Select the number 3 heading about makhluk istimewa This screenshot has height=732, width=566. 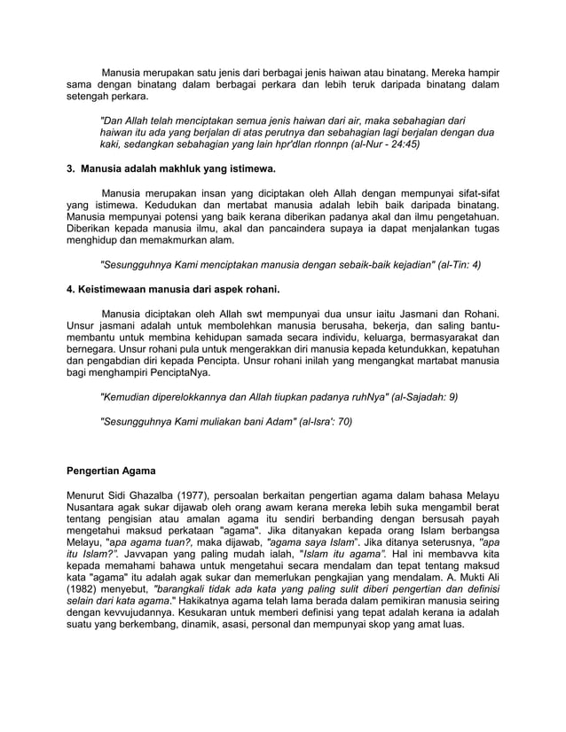click(x=172, y=167)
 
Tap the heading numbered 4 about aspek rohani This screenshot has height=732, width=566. click(x=174, y=289)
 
